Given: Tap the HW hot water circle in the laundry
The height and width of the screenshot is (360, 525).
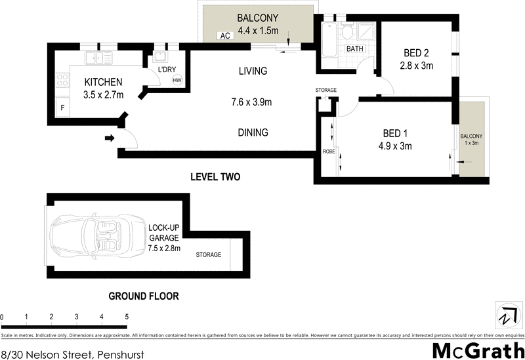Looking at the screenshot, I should [177, 80].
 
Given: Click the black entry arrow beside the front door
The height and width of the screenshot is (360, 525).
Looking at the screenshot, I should [110, 138].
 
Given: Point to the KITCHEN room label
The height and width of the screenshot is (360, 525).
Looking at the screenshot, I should [104, 82].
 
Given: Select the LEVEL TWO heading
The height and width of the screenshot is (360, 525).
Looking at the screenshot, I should [215, 177].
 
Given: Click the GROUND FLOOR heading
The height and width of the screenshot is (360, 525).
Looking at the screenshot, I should [143, 296].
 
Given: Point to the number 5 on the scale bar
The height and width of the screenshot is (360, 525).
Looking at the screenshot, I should [127, 317].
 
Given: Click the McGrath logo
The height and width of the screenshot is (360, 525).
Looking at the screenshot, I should [477, 350].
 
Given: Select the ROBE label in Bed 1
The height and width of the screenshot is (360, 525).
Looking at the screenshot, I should [329, 151].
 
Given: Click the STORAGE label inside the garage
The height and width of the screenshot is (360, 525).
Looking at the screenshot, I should [208, 254].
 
